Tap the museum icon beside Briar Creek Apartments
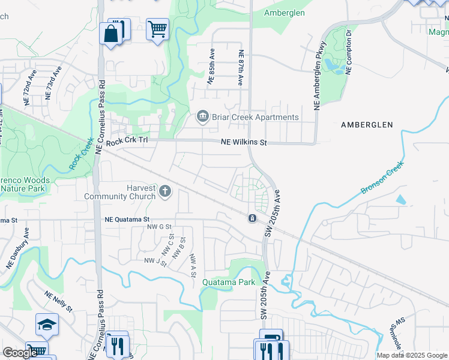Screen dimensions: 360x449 tap(202, 116)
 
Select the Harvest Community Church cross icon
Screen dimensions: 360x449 tap(165, 192)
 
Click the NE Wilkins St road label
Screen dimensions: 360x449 tap(243, 142)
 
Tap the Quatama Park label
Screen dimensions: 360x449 tap(229, 282)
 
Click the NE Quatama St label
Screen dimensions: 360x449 tap(126, 220)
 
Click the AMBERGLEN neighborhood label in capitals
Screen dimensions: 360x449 tap(366, 125)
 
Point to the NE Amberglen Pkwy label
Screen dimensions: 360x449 tap(319, 76)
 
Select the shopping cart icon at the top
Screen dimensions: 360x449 tap(157, 28)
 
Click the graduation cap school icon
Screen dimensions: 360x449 tap(47, 325)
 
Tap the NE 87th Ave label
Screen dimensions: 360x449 tap(241, 67)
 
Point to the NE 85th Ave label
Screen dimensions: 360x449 tap(211, 70)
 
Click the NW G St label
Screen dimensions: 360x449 tap(160, 227)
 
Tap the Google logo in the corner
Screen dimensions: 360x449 tap(20, 353)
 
